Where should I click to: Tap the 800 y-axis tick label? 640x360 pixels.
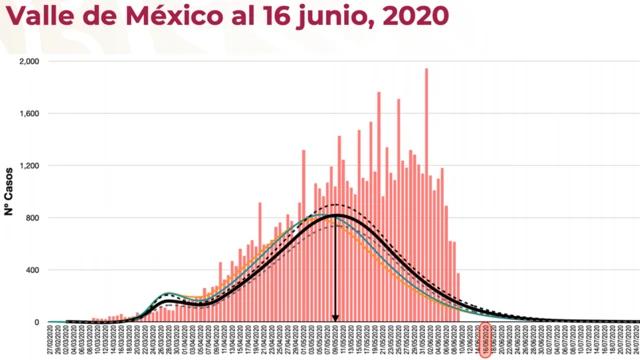pos(34,218)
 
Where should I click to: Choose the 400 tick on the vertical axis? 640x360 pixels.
pos(34,270)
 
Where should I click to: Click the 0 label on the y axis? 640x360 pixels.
pos(38,322)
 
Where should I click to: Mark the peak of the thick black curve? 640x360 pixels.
pos(335,215)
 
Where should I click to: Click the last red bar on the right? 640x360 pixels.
pos(459,298)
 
